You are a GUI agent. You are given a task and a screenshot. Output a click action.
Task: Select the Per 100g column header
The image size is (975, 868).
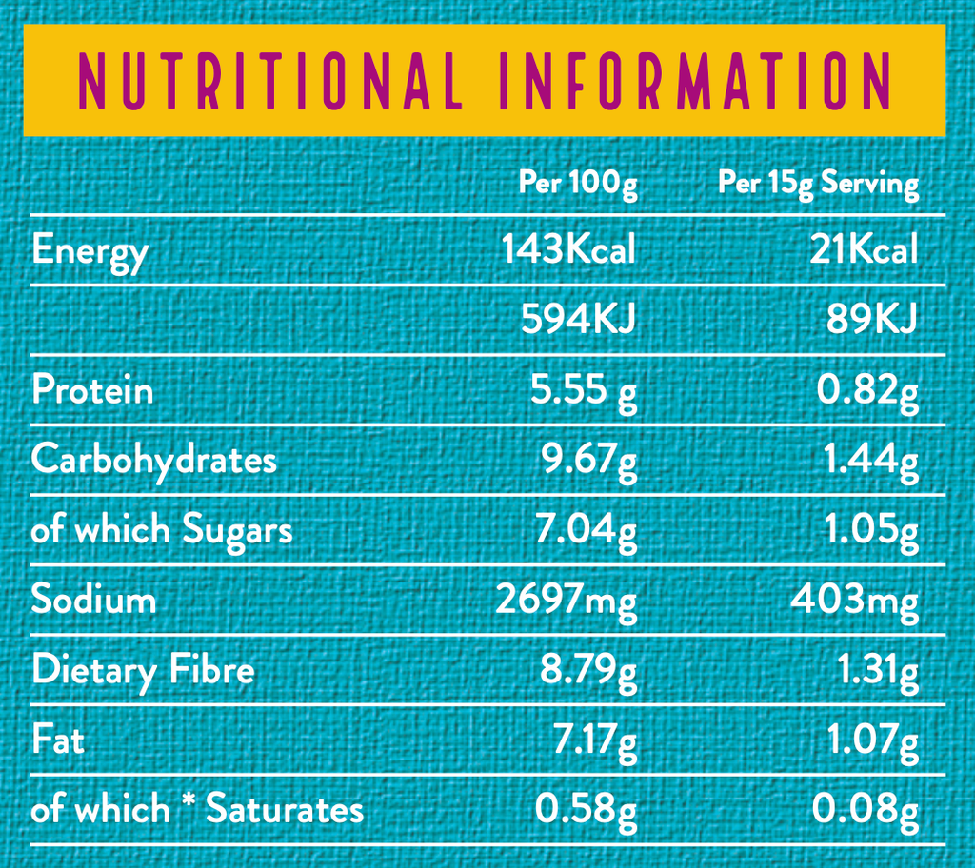tap(578, 182)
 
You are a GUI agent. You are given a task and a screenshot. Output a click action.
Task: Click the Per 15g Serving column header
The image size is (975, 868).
tap(819, 182)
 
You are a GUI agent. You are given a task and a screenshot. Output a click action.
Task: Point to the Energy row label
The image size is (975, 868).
tap(90, 252)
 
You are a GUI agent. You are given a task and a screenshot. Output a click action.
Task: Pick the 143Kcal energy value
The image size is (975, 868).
tap(568, 250)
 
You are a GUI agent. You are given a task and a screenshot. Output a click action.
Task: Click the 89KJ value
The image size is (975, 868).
tap(871, 320)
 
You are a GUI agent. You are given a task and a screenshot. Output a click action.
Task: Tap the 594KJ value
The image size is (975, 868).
tap(578, 320)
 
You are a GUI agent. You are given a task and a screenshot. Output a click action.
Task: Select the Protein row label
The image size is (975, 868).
tap(92, 390)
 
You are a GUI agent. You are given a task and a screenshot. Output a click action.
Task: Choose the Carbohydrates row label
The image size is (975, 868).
tap(154, 460)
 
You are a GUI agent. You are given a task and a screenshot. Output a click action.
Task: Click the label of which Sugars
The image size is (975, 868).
tap(162, 530)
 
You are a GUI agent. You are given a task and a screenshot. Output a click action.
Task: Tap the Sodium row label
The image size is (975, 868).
tap(93, 600)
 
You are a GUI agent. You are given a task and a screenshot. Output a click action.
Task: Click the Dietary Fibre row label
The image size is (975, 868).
tap(143, 670)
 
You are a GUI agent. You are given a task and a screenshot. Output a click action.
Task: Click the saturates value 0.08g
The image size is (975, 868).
tap(865, 810)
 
